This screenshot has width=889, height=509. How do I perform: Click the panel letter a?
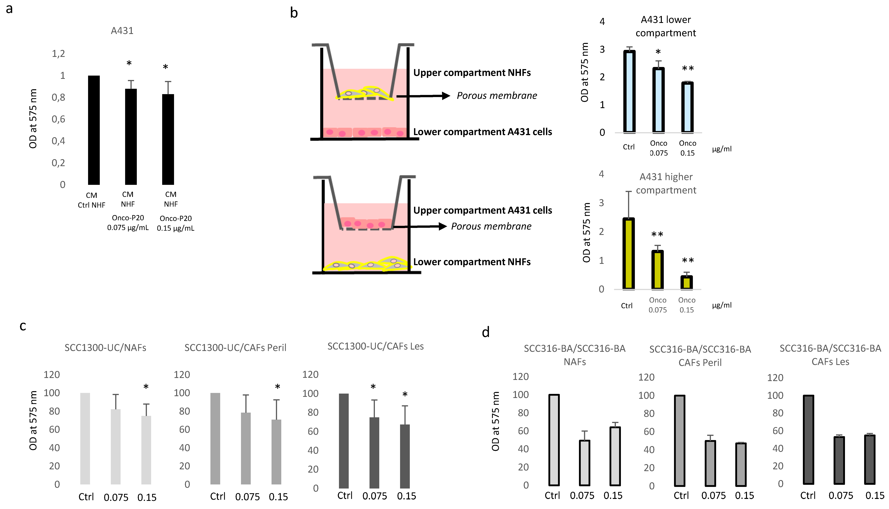pyautogui.click(x=9, y=9)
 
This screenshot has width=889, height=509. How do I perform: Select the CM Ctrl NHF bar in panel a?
pyautogui.click(x=94, y=130)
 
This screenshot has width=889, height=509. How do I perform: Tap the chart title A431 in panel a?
pyautogui.click(x=122, y=31)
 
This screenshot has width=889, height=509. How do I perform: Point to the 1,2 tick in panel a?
pyautogui.click(x=58, y=53)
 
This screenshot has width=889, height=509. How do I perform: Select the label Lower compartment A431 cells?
pyautogui.click(x=482, y=132)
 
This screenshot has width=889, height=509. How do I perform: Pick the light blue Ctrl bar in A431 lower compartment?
pyautogui.click(x=629, y=92)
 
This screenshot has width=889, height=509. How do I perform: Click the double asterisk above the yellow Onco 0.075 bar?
pyautogui.click(x=657, y=234)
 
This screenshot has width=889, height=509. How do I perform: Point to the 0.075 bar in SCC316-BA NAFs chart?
pyautogui.click(x=584, y=463)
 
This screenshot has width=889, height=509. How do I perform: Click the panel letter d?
pyautogui.click(x=486, y=332)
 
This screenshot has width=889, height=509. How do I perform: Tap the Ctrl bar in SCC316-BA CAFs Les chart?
pyautogui.click(x=808, y=439)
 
